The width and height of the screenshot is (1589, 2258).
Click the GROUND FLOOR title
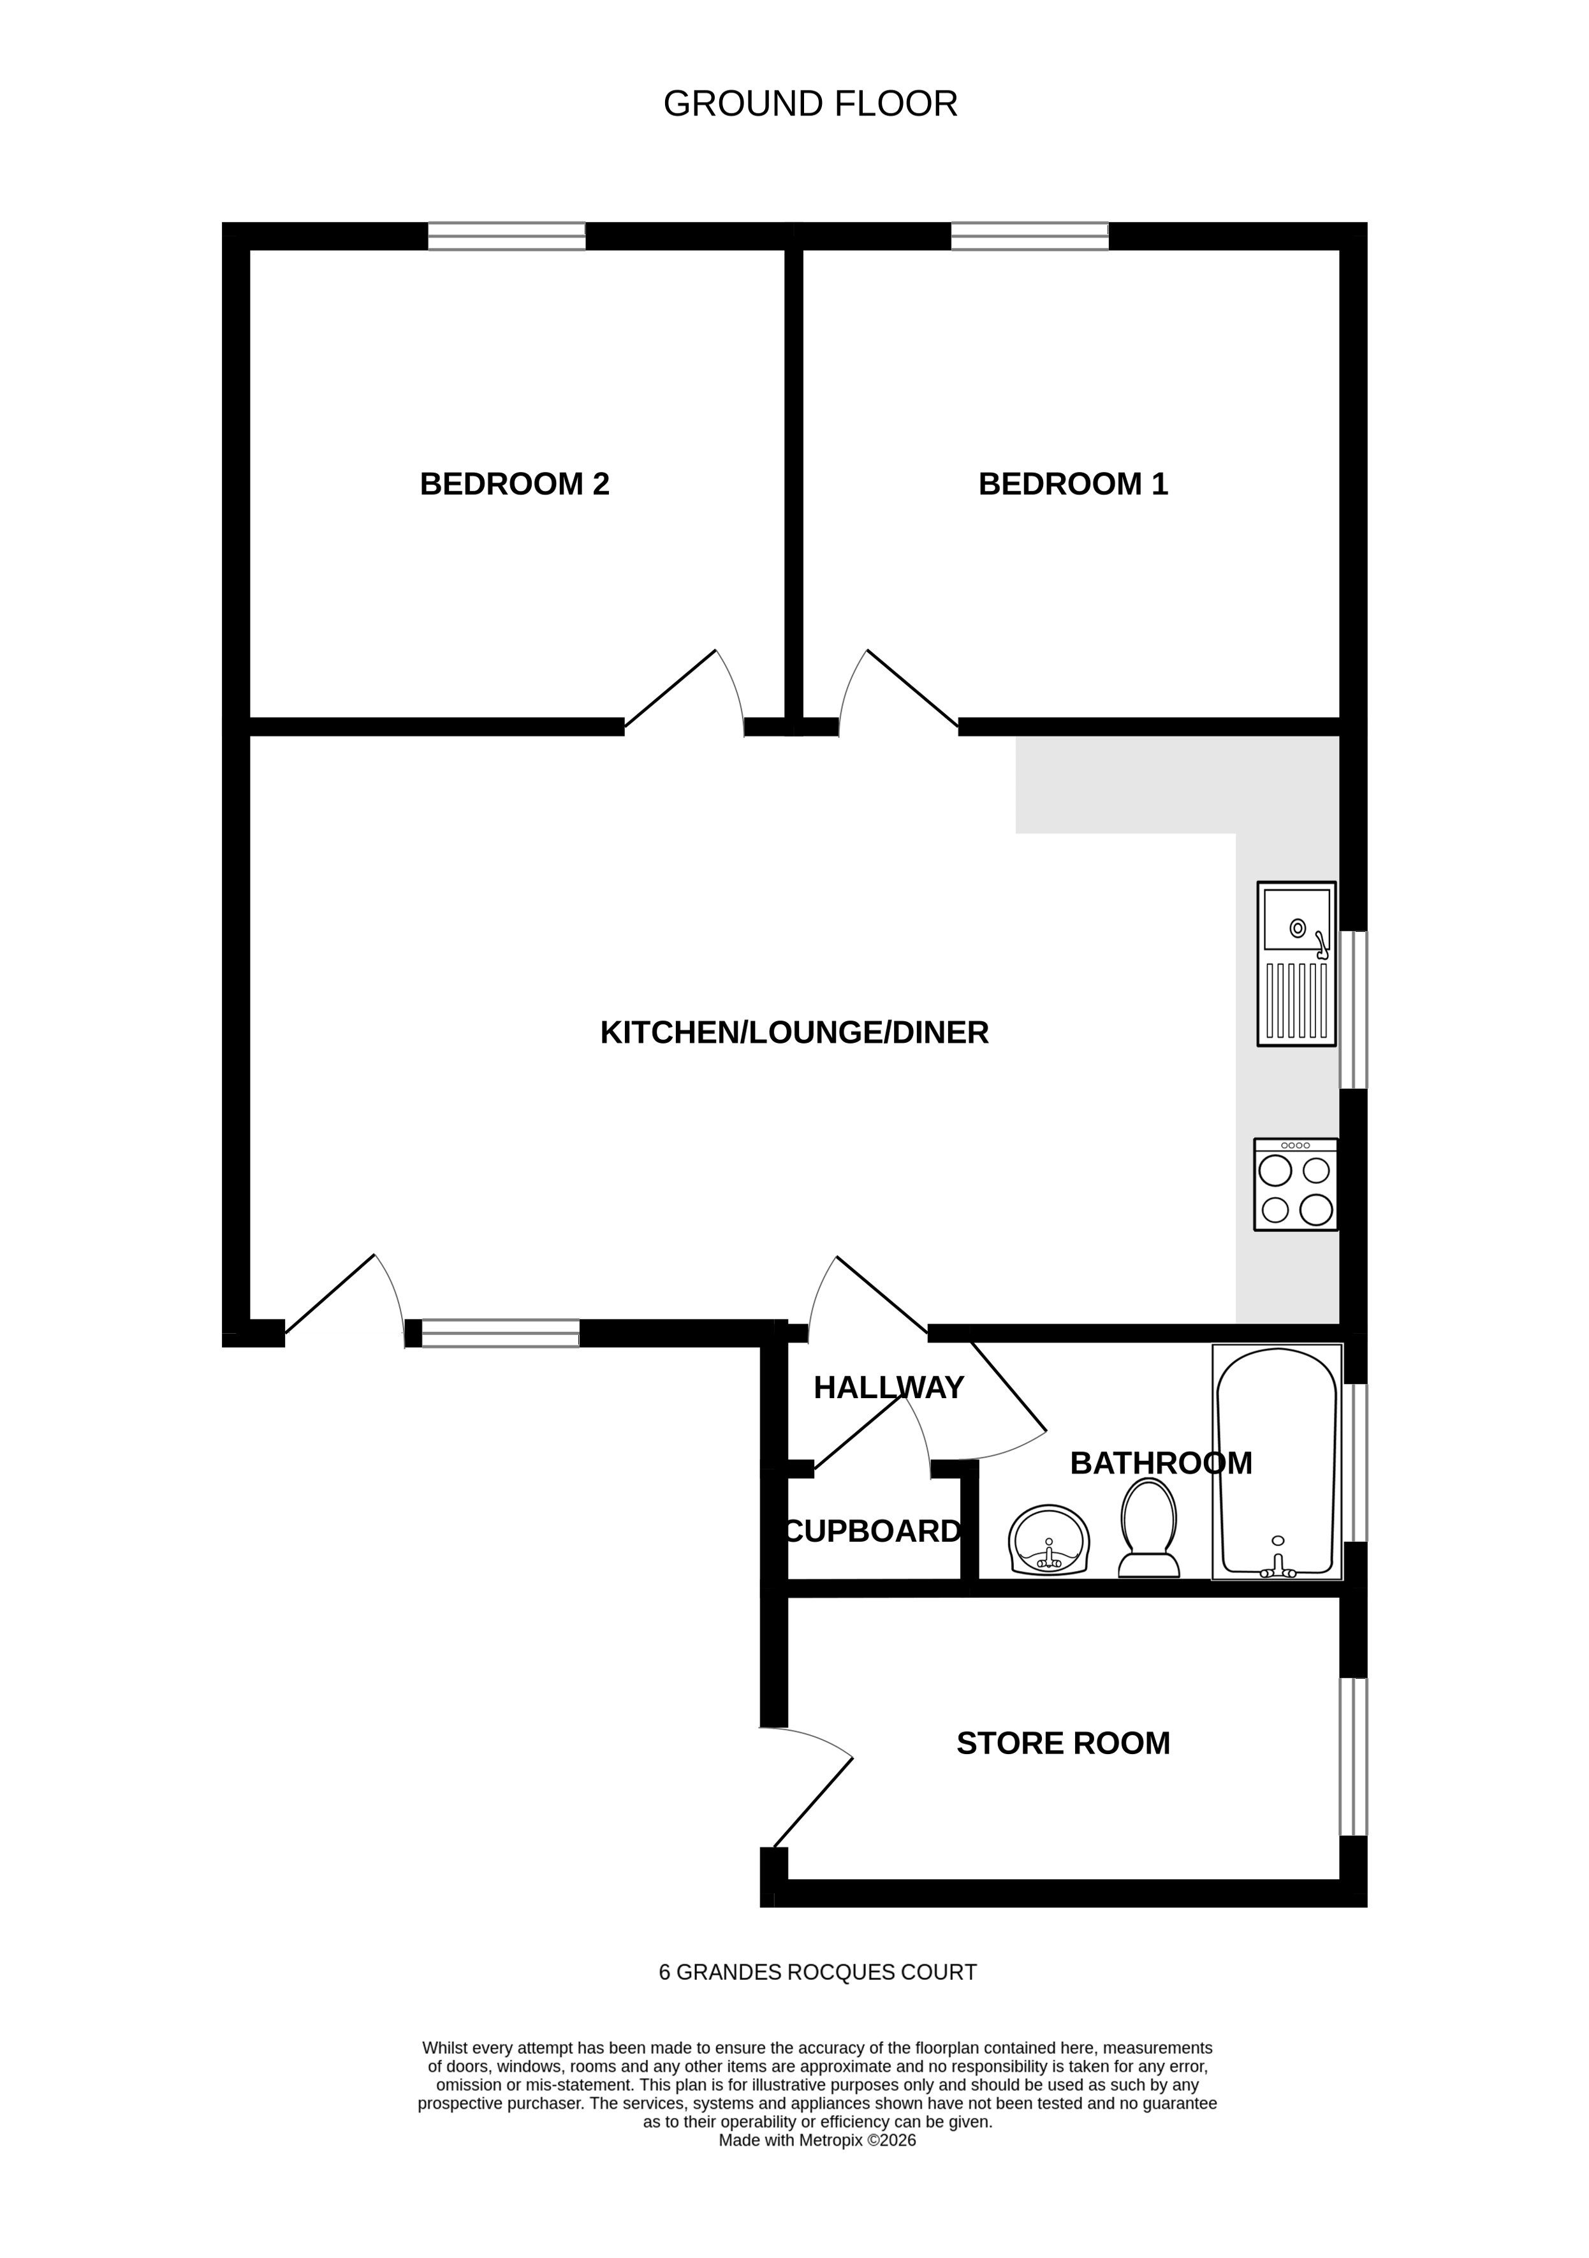[x=810, y=104]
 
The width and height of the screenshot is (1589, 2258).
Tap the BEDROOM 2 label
[x=515, y=484]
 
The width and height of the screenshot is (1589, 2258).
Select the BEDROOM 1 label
[x=1073, y=484]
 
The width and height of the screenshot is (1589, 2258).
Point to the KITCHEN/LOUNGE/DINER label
[x=793, y=1033]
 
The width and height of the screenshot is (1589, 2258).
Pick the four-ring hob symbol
[x=1295, y=1184]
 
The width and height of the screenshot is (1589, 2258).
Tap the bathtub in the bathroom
[x=1277, y=1463]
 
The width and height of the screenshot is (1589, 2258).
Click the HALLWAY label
[x=888, y=1387]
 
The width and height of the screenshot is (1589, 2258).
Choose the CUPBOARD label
[x=872, y=1531]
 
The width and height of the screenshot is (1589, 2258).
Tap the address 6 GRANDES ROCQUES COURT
[x=817, y=1973]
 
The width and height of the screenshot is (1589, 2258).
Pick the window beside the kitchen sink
[x=1354, y=1010]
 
